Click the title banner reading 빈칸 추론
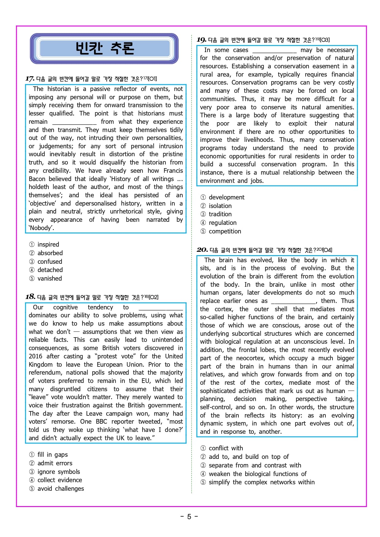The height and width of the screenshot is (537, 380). pyautogui.click(x=104, y=48)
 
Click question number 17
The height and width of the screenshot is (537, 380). pyautogui.click(x=30, y=79)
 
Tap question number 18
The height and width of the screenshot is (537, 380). pyautogui.click(x=30, y=297)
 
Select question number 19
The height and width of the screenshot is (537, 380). pyautogui.click(x=201, y=40)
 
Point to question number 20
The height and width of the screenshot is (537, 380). pyautogui.click(x=202, y=250)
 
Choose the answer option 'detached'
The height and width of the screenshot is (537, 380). pyautogui.click(x=50, y=270)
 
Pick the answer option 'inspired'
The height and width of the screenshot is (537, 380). pyautogui.click(x=48, y=244)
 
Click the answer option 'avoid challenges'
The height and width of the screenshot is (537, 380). pyautogui.click(x=61, y=489)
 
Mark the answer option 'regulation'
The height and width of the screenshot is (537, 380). pyautogui.click(x=222, y=223)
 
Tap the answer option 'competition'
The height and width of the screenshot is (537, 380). pyautogui.click(x=225, y=231)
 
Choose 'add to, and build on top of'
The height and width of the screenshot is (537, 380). pyautogui.click(x=249, y=457)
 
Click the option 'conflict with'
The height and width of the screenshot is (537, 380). pyautogui.click(x=226, y=448)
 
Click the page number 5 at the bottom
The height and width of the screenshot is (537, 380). pyautogui.click(x=189, y=517)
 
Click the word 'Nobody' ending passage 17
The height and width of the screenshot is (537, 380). pyautogui.click(x=41, y=228)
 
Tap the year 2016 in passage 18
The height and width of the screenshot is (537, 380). pyautogui.click(x=36, y=356)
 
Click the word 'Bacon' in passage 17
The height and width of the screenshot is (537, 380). pyautogui.click(x=37, y=179)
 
